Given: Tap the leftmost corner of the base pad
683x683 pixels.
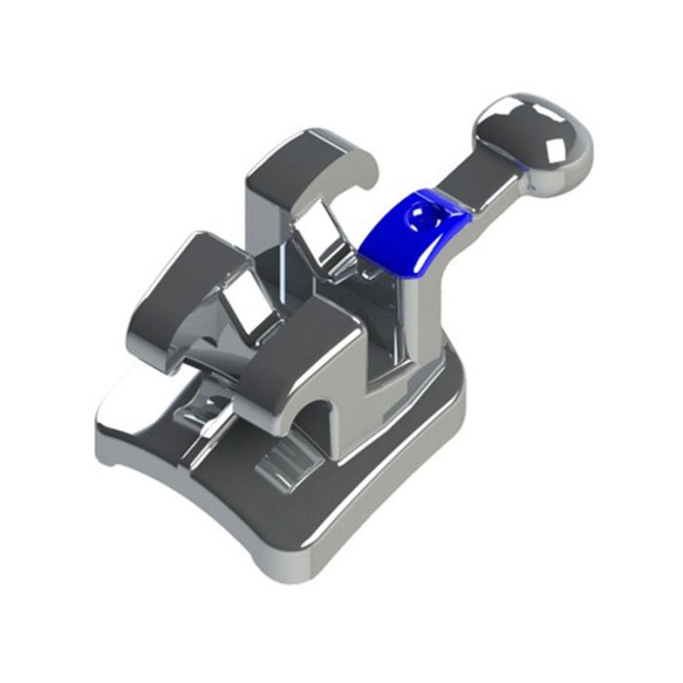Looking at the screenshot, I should click(x=102, y=429).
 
